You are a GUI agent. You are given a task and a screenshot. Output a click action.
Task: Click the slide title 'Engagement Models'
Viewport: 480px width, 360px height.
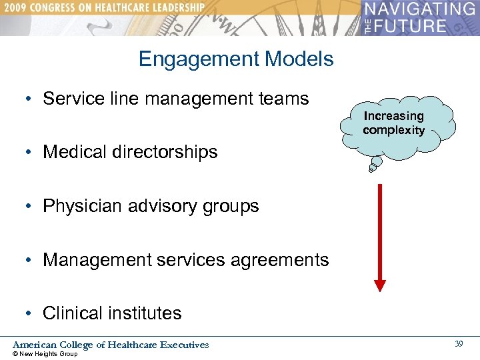tap(236, 59)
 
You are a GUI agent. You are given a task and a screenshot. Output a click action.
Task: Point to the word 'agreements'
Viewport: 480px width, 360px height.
tap(276, 260)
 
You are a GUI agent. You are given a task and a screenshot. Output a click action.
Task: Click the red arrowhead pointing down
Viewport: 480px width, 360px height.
tap(380, 285)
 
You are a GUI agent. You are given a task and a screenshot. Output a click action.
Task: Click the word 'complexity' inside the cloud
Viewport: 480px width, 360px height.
tap(393, 130)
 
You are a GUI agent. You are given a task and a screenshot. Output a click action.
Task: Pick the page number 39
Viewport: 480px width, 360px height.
tap(458, 343)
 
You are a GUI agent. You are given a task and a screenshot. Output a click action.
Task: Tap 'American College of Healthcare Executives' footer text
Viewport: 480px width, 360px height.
tap(111, 345)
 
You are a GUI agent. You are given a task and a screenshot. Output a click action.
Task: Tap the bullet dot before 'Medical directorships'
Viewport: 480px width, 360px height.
tap(31, 153)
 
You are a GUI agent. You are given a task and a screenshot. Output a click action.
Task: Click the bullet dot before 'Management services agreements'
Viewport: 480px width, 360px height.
tap(31, 261)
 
